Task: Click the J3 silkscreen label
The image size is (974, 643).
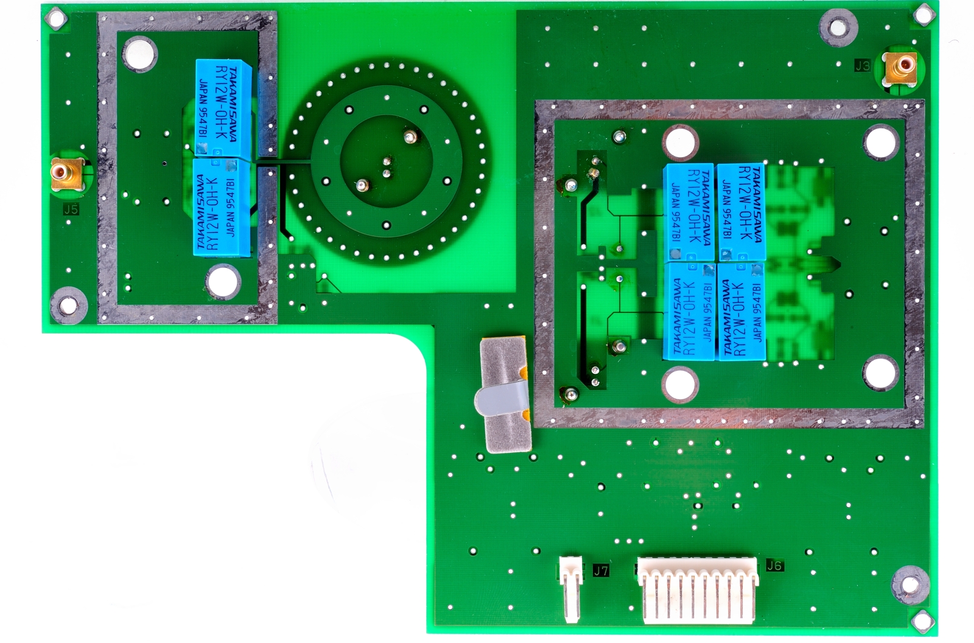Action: pos(862,66)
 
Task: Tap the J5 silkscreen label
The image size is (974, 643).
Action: pos(71,209)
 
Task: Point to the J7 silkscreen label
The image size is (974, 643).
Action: pos(601,571)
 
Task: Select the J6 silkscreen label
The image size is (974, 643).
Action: pos(774,566)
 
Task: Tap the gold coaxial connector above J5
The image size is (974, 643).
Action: pos(66,174)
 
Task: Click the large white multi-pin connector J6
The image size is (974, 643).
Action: pos(698,590)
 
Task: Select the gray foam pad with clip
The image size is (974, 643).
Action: pos(505,395)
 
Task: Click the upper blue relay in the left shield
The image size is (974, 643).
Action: pos(223,108)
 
